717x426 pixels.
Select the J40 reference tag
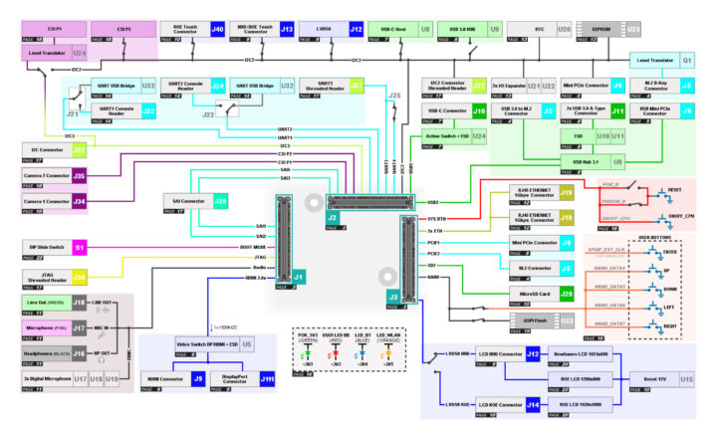pyautogui.click(x=217, y=30)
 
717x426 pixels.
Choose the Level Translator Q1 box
pyautogui.click(x=656, y=61)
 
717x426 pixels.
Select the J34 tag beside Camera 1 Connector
pyautogui.click(x=80, y=202)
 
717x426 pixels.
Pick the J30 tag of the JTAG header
pyautogui.click(x=80, y=277)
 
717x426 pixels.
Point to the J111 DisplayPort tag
pyautogui.click(x=267, y=379)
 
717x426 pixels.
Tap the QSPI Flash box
pyautogui.click(x=528, y=321)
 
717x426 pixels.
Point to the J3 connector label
pyautogui.click(x=394, y=297)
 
